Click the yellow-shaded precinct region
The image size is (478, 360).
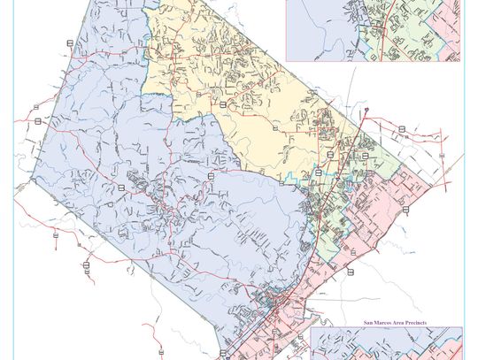tap(239, 88)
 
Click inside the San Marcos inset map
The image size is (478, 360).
tap(389, 345)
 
